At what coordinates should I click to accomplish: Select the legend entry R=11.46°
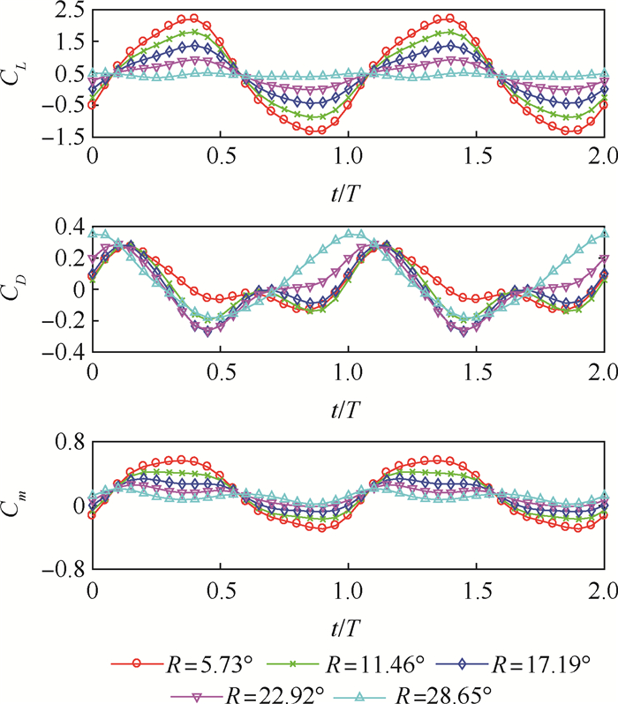coord(348,660)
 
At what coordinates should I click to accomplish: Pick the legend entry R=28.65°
coord(428,688)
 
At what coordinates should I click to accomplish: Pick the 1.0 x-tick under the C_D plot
coord(348,373)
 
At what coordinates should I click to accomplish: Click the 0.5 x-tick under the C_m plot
coord(220,589)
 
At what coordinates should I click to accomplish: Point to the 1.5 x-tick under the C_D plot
coord(476,373)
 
